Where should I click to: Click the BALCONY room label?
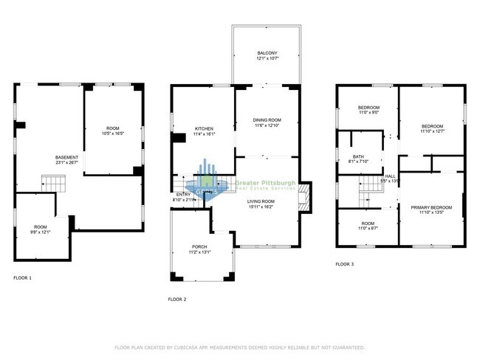pos(267,54)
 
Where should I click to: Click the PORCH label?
pos(200,246)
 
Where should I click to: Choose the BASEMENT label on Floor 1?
pos(67,158)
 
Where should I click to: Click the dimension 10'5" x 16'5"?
pos(112,134)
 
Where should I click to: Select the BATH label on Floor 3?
pos(358,156)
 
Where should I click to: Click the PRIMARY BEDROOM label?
pos(431,208)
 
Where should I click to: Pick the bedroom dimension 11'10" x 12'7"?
pos(432,132)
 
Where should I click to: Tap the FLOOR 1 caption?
pos(23,278)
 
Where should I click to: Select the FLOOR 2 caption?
pos(177,299)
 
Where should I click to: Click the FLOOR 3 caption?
pos(345,263)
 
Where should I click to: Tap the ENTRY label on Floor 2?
pos(183,194)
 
